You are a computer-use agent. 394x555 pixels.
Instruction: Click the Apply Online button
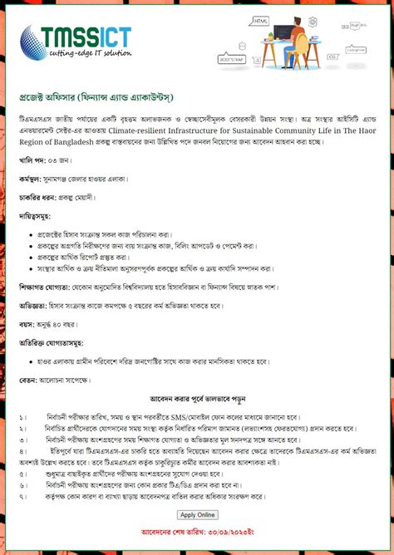click(197, 514)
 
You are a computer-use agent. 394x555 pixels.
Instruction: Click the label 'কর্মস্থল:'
click(36, 179)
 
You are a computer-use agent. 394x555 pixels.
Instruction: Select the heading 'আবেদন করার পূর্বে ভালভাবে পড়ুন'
click(197, 398)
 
